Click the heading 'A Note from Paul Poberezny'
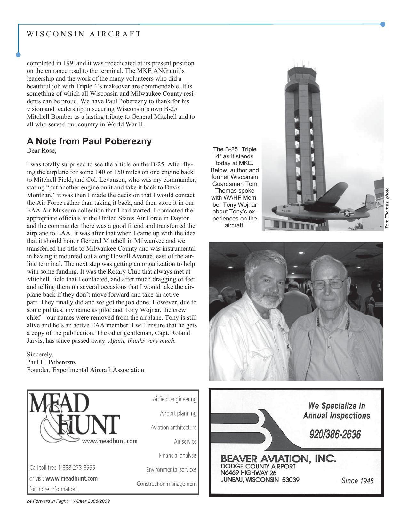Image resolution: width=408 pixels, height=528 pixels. tap(89, 141)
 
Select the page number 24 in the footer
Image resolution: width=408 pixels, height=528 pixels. tap(29, 501)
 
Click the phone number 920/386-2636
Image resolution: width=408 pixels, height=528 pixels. tap(335, 435)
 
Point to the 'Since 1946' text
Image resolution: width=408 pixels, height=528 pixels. tap(357, 481)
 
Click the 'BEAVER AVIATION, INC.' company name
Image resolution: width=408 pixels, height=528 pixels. tap(278, 459)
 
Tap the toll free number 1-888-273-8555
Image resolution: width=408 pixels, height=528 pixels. tap(76, 468)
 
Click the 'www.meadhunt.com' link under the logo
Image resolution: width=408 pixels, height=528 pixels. tap(110, 441)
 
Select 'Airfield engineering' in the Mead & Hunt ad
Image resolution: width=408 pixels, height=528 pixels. tap(174, 399)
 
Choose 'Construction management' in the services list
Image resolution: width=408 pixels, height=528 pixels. tap(166, 484)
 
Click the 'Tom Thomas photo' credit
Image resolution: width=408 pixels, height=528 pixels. tap(387, 208)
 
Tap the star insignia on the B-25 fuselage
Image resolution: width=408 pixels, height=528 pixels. tap(347, 213)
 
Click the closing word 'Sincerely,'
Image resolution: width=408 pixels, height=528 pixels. tap(40, 354)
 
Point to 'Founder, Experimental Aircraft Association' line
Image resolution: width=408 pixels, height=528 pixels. tap(85, 370)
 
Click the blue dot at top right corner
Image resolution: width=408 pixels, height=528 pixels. tap(383, 24)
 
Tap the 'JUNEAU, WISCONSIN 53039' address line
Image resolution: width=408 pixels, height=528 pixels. tap(260, 480)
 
